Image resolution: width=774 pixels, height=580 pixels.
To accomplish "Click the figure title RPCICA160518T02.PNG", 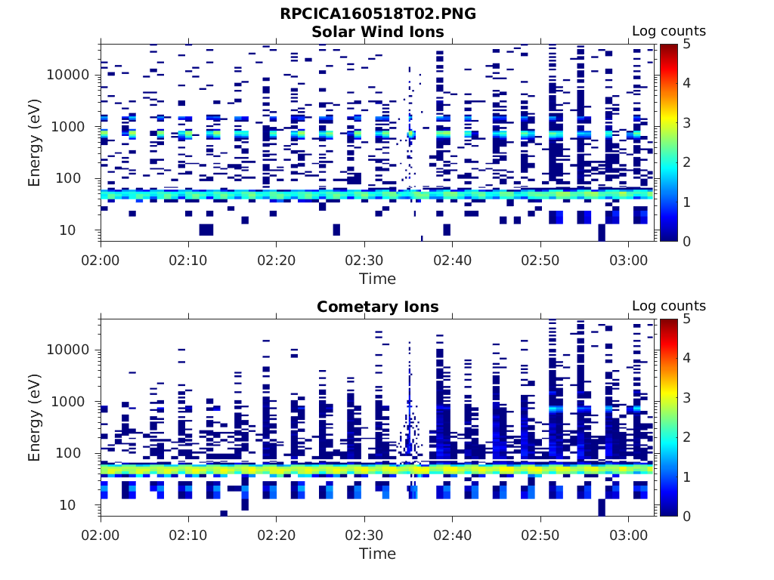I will coord(377,14).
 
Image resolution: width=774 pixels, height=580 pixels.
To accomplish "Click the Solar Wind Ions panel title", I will coord(377,32).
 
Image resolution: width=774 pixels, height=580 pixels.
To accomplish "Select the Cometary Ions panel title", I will coord(377,307).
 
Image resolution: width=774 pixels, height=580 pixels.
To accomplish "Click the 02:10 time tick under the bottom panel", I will coord(188,535).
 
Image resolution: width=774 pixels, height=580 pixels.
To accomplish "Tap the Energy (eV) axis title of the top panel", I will coord(35,143).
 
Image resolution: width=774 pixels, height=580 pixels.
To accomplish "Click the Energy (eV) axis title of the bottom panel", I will coord(35,418).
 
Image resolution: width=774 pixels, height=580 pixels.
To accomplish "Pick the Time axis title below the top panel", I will coord(377,279).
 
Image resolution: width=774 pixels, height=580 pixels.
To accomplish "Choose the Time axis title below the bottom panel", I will coord(377,554).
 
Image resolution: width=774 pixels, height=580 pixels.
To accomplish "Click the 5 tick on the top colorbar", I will coord(686,45).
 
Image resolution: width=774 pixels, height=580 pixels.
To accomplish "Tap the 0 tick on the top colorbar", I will coord(686,241).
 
